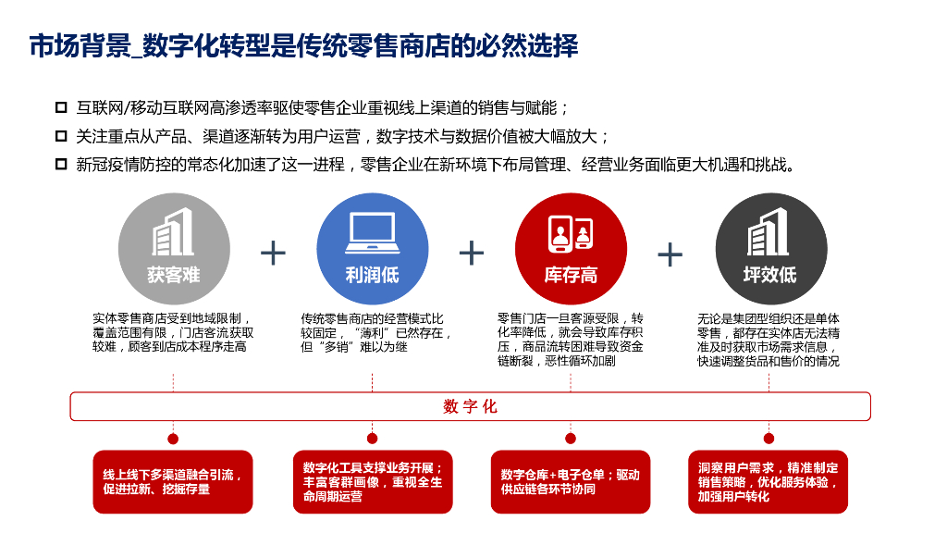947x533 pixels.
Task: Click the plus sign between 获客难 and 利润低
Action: pyautogui.click(x=273, y=253)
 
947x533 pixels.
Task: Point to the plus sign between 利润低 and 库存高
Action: pyautogui.click(x=472, y=253)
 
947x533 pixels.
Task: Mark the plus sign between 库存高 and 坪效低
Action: pyautogui.click(x=670, y=254)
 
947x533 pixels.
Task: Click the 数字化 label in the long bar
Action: pyautogui.click(x=471, y=406)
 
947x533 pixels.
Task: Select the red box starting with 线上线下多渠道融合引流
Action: pyautogui.click(x=173, y=481)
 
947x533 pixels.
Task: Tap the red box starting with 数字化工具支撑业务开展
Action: pyautogui.click(x=372, y=481)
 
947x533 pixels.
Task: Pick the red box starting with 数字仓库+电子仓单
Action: pyautogui.click(x=571, y=481)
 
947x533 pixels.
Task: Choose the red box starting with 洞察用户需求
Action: pyautogui.click(x=769, y=481)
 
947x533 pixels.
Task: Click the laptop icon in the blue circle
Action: pyautogui.click(x=372, y=232)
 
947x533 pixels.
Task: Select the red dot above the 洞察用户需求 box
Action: pyautogui.click(x=769, y=438)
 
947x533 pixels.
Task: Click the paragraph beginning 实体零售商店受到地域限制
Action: pyautogui.click(x=173, y=332)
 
